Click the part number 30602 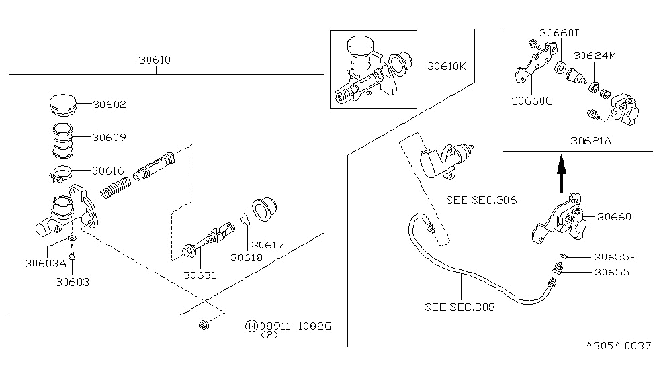click(x=109, y=105)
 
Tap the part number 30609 click(x=109, y=137)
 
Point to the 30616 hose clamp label click(x=109, y=171)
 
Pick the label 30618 click(x=247, y=257)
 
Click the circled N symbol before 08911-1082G click(x=250, y=326)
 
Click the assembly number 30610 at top click(x=155, y=60)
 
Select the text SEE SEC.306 click(x=481, y=200)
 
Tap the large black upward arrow click(x=562, y=171)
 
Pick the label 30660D click(x=560, y=32)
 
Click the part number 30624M click(x=594, y=56)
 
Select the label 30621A click(x=591, y=141)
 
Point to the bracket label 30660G click(x=531, y=101)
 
